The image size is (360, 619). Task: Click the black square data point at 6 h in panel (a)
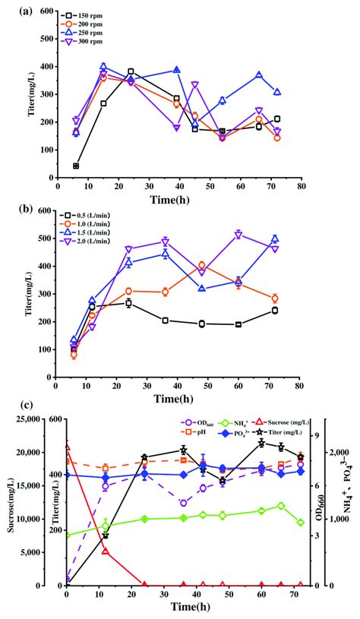click(76, 166)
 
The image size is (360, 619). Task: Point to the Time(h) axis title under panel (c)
click(184, 607)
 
